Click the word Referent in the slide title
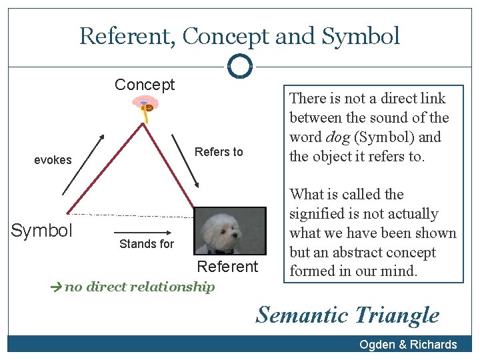pyautogui.click(x=127, y=36)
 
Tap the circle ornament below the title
pyautogui.click(x=239, y=66)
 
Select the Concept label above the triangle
pyautogui.click(x=145, y=85)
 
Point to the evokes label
pyautogui.click(x=53, y=160)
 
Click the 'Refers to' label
pyautogui.click(x=219, y=152)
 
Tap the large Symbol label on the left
pyautogui.click(x=41, y=231)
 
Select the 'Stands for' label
pyautogui.click(x=146, y=244)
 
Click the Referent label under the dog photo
pyautogui.click(x=227, y=267)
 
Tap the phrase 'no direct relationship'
pyautogui.click(x=139, y=287)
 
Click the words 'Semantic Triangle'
pyautogui.click(x=347, y=315)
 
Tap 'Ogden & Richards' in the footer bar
pyautogui.click(x=408, y=344)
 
